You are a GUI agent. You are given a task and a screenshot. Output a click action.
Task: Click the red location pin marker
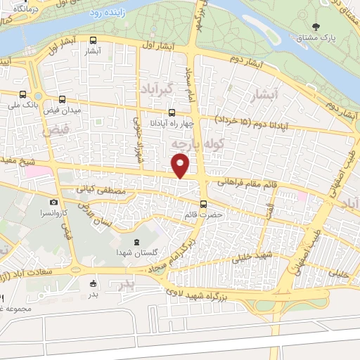[181, 165]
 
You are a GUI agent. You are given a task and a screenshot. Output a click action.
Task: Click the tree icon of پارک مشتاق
[316, 27]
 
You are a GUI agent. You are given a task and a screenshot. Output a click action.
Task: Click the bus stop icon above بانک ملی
[24, 95]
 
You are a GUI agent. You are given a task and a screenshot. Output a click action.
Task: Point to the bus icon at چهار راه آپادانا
[172, 112]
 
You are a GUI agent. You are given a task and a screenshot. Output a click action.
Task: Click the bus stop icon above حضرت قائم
[203, 205]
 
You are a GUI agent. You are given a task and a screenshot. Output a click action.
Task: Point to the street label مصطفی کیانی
[104, 190]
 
